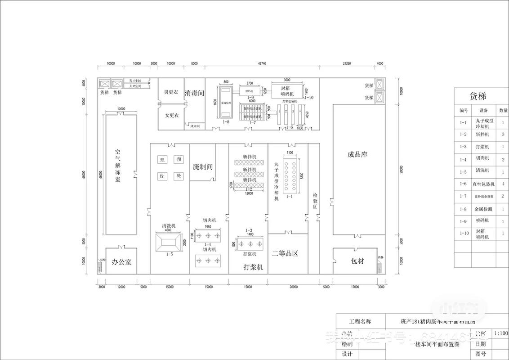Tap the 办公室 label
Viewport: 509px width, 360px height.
(121, 261)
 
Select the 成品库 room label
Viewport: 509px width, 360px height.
(357, 154)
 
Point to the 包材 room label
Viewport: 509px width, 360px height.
(357, 261)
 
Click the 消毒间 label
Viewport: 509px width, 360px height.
(194, 94)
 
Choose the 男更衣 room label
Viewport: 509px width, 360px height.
(171, 92)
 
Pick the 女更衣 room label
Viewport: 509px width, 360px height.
(171, 116)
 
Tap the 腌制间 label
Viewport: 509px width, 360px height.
(202, 167)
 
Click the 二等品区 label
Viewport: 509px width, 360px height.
(285, 253)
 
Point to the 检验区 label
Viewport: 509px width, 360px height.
(315, 201)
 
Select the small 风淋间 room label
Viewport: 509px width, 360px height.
(194, 126)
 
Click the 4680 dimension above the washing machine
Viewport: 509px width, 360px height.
(168, 230)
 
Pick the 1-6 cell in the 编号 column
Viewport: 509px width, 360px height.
(463, 184)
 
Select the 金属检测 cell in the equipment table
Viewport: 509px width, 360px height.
(483, 209)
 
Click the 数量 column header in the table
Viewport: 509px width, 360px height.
(503, 110)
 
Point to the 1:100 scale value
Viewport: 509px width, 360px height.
(501, 333)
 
